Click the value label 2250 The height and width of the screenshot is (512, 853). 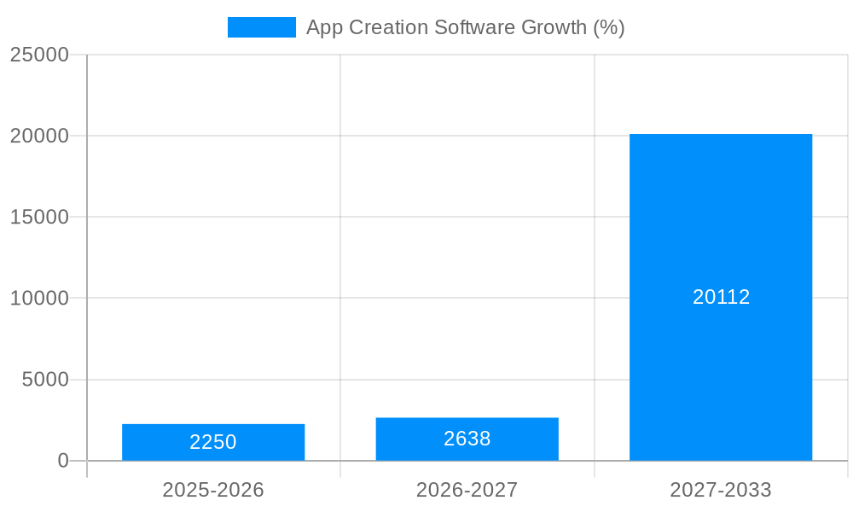pos(213,442)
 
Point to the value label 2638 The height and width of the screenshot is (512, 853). pos(467,439)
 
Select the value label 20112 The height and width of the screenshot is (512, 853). pos(721,297)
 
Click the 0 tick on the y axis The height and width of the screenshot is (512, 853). pos(63,461)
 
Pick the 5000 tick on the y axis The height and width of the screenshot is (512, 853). pos(45,379)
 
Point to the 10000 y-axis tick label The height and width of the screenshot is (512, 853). pos(39,298)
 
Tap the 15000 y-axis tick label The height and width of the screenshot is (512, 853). pos(39,217)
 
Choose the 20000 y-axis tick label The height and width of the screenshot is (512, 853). pos(39,136)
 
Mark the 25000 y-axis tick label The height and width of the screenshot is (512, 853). pos(39,55)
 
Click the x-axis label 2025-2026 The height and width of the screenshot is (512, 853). pos(213,490)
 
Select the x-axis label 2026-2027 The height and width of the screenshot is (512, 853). pos(467,490)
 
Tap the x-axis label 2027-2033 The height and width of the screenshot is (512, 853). pos(721,490)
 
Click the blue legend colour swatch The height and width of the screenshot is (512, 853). pos(261,27)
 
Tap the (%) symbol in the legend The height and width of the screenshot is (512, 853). pos(609,27)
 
